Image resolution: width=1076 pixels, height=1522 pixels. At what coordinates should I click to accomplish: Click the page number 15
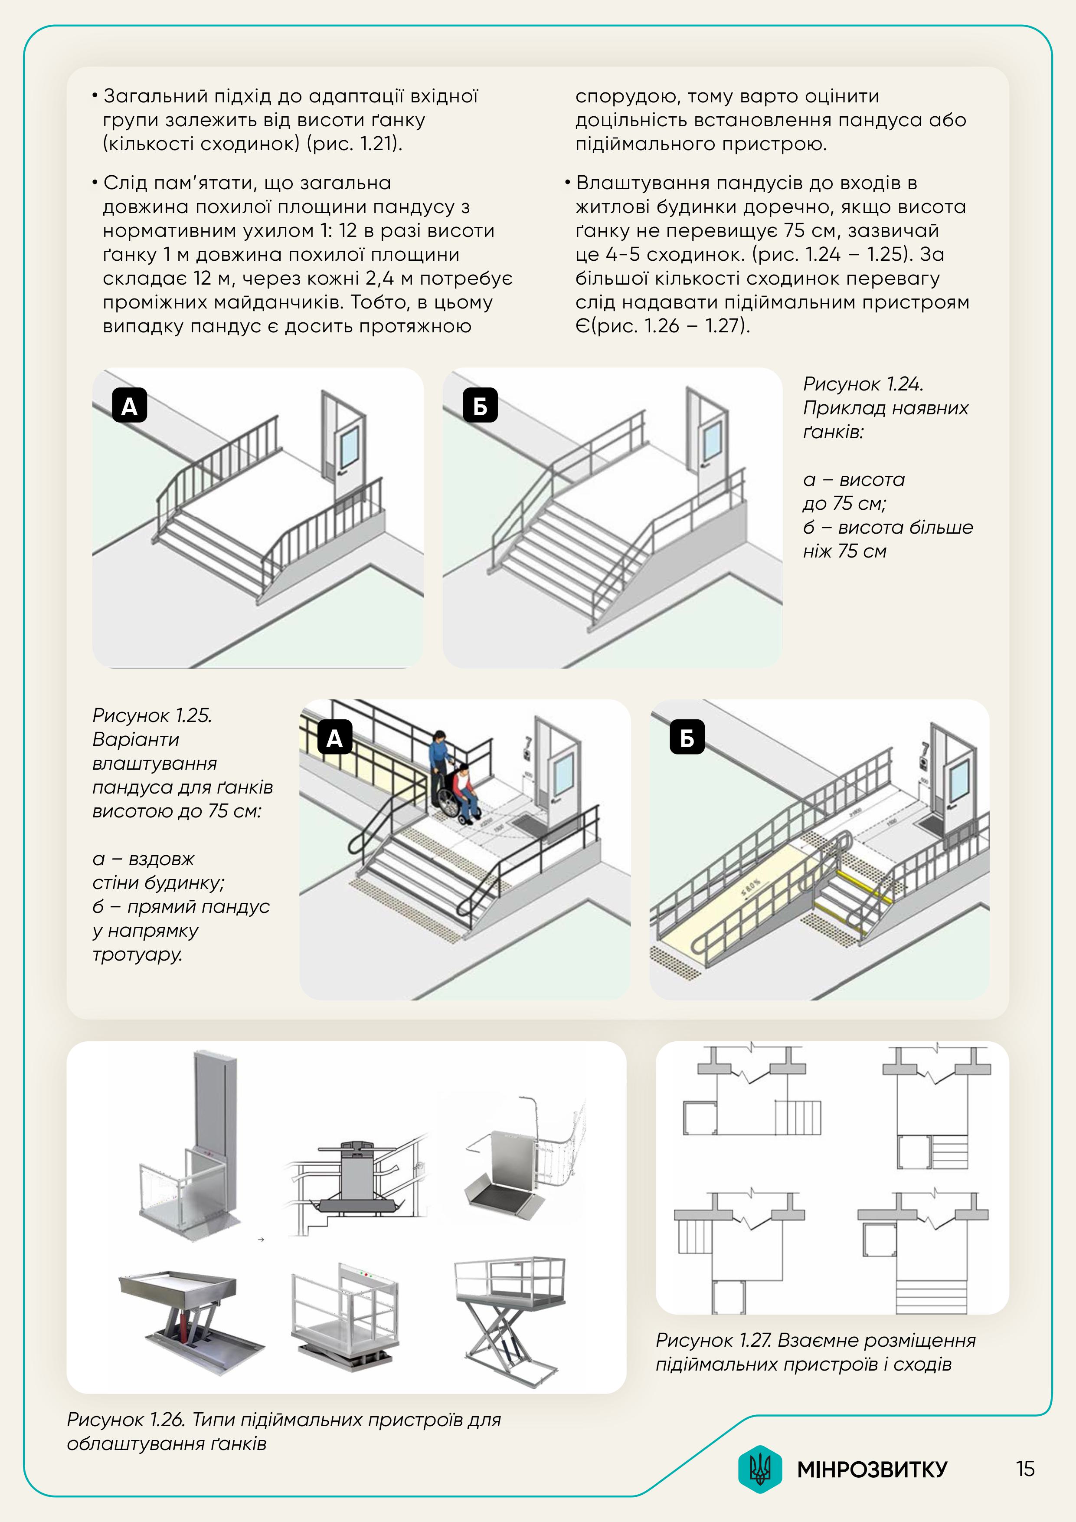coord(1025,1469)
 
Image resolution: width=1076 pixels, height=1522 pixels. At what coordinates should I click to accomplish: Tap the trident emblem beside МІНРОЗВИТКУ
coord(760,1469)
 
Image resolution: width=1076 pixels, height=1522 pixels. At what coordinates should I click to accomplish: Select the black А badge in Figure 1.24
coord(129,406)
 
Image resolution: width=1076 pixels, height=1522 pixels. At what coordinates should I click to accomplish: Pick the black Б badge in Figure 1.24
coord(480,406)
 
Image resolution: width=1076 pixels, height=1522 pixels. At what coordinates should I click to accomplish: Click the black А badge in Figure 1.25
coord(334,738)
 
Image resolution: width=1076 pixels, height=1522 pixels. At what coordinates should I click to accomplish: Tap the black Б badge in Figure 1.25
coord(687,738)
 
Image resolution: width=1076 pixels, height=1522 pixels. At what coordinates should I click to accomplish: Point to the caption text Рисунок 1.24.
coord(863,384)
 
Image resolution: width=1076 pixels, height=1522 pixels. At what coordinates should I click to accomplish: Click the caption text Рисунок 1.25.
coord(152,715)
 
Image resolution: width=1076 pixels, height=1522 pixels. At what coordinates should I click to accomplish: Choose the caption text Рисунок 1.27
coord(713,1340)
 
